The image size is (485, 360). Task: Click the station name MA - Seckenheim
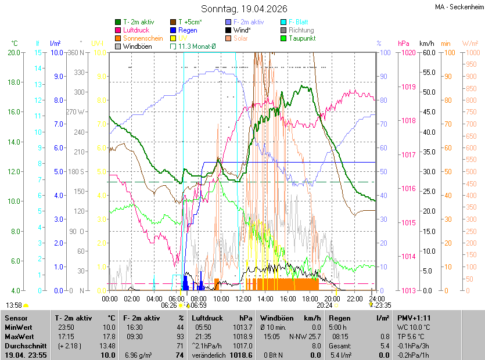pos(458,7)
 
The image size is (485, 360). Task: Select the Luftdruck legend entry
pos(136,30)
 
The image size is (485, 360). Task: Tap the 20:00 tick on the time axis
pos(332,298)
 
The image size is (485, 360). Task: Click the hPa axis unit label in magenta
pos(403,44)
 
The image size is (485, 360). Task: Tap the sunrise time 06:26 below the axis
pos(168,305)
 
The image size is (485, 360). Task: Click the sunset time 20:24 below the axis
pos(324,305)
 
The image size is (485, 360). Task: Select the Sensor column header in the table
pos(15,318)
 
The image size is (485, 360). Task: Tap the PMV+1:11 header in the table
pos(413,318)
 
